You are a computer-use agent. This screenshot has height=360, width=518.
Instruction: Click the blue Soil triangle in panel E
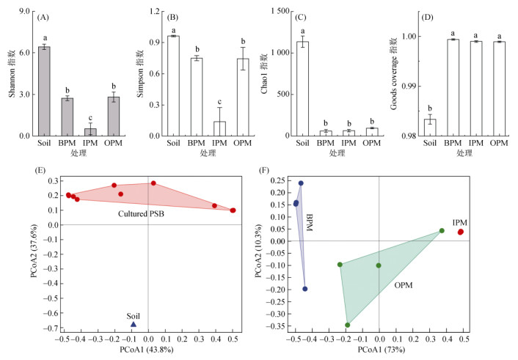point(134,323)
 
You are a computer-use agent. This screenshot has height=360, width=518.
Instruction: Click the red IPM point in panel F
point(461,232)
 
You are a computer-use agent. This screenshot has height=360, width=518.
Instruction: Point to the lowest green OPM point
point(348,325)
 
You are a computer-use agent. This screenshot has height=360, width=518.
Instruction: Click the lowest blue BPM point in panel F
point(305,289)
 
